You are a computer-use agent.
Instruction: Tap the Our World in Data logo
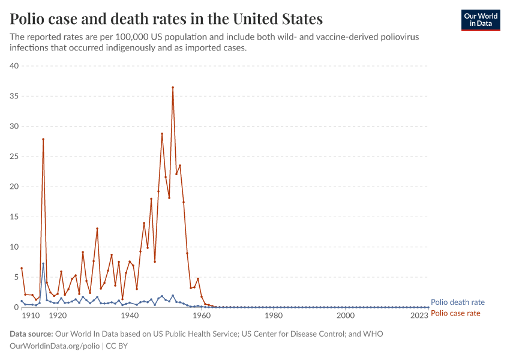480,20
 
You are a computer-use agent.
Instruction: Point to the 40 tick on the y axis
14,66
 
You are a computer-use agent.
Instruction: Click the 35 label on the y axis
14,96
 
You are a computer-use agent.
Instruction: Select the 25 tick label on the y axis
14,157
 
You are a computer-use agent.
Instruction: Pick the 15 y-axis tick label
14,217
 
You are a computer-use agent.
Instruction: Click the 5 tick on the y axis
17,277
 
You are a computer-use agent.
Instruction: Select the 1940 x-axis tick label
130,316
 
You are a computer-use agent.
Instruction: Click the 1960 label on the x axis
202,316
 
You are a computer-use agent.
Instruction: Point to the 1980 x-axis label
274,316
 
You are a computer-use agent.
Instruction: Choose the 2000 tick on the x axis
346,316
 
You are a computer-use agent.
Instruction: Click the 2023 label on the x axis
419,316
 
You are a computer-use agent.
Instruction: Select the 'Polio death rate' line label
458,302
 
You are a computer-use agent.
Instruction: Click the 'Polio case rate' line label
456,313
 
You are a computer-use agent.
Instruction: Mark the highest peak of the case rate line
173,88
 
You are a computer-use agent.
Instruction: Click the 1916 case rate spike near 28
43,139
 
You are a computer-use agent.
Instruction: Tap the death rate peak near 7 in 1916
43,263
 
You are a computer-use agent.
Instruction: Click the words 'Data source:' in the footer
31,334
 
